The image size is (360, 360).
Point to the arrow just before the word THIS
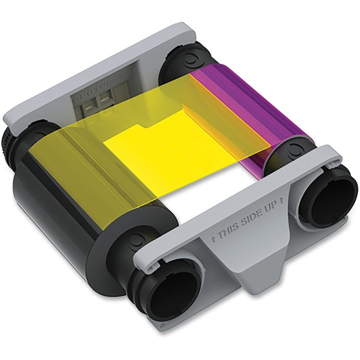214,240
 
